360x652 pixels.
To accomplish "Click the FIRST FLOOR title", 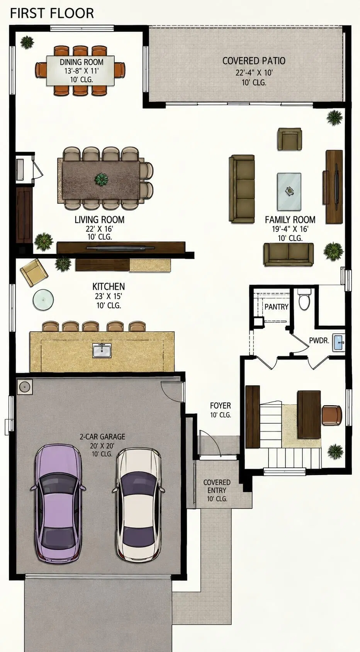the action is coord(52,14).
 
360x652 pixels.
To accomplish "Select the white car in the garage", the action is coord(139,504).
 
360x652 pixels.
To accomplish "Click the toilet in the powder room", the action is coord(305,299).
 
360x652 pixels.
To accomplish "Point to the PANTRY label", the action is coord(276,307).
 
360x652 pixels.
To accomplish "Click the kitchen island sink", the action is coord(102,350).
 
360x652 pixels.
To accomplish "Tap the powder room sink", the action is coord(339,342).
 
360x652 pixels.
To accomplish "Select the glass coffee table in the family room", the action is coord(289,192).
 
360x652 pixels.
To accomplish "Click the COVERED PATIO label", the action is coord(254,61).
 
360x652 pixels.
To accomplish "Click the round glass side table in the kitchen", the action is coord(43,300).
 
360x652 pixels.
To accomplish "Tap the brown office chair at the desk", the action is coord(332,414).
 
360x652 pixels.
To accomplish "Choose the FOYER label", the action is coord(220,406).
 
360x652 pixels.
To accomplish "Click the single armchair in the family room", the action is coord(290,139).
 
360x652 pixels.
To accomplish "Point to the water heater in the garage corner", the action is coord(25,387).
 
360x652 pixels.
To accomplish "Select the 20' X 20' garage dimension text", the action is coord(102,445).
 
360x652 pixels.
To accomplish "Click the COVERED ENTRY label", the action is coord(217,486).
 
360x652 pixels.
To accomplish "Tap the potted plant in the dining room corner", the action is coord(27,42).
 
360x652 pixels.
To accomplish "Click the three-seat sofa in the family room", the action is coord(241,189).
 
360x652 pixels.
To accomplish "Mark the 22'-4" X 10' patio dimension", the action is coord(254,73).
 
